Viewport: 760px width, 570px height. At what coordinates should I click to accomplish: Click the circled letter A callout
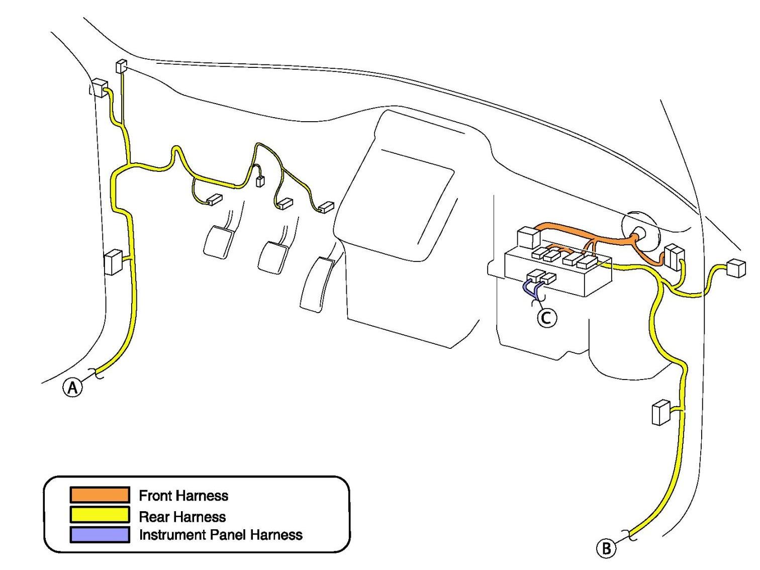[x=72, y=388]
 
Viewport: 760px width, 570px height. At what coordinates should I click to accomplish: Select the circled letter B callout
[x=606, y=548]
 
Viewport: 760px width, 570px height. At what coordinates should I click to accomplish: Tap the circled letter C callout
[x=547, y=317]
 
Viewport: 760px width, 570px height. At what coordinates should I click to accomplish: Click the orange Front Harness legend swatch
[x=100, y=495]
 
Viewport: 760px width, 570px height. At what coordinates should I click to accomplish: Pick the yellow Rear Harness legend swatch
[x=100, y=515]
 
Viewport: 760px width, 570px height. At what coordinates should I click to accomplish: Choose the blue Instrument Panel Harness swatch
[x=100, y=534]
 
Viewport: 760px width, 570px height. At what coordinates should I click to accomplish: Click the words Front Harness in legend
[x=183, y=496]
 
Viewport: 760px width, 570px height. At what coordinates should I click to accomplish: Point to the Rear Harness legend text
[x=182, y=516]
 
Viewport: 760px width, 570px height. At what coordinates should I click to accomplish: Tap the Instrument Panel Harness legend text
[x=221, y=535]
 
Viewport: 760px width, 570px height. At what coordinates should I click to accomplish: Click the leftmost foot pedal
[x=218, y=242]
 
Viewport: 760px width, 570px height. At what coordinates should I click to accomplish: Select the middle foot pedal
[x=271, y=257]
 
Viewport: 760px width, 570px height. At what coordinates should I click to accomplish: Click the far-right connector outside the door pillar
[x=736, y=268]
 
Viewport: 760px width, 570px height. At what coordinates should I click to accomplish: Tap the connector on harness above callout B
[x=660, y=412]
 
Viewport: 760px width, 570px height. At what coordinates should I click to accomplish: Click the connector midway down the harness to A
[x=113, y=262]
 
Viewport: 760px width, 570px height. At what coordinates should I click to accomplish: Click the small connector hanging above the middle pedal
[x=260, y=181]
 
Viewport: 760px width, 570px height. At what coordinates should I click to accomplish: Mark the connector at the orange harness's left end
[x=528, y=237]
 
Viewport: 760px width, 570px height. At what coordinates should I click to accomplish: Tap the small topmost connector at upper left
[x=121, y=66]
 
